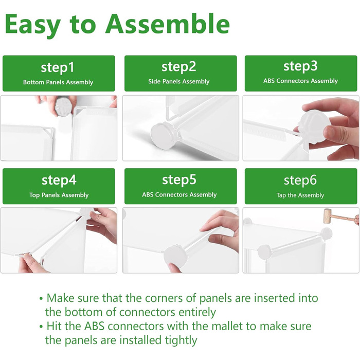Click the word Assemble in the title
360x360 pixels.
(168, 24)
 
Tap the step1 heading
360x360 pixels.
(58, 67)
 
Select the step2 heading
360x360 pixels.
(179, 67)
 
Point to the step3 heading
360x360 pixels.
(300, 66)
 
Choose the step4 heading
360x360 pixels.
(59, 180)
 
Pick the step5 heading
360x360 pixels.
(179, 180)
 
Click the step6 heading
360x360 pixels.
(300, 180)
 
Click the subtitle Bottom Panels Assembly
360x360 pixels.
(58, 82)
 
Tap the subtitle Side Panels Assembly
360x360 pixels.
(179, 81)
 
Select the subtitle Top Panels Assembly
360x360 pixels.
(59, 195)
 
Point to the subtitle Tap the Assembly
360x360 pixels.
(300, 195)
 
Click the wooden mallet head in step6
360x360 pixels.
(328, 216)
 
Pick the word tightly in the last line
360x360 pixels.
(181, 340)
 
